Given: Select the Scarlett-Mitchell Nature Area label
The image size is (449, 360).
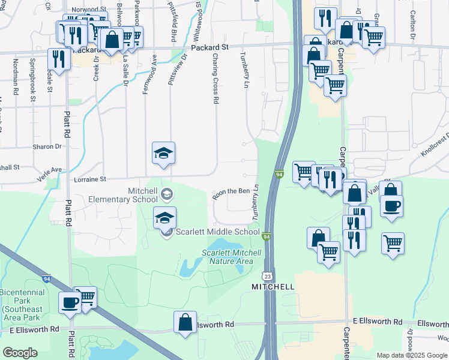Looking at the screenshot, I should coord(232,257).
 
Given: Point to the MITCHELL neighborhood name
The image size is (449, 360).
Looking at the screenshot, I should coord(274,287).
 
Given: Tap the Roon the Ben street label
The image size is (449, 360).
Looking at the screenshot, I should coord(231,191).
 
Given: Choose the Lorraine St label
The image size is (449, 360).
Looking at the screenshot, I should coord(89,179).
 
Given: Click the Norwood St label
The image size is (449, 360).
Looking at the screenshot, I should coord(85,10).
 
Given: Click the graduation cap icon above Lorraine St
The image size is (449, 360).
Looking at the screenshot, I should coord(163,154).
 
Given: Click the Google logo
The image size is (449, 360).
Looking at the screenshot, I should coord(20,353).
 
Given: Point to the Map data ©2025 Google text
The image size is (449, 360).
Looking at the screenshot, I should coord(411,355).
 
